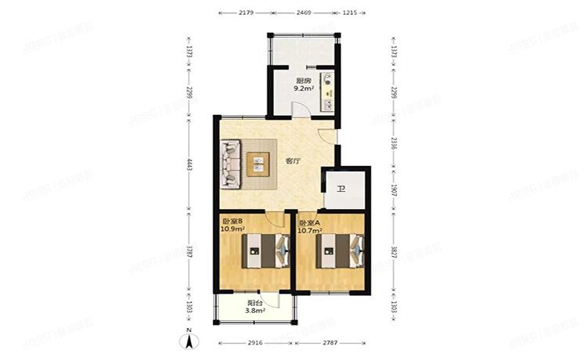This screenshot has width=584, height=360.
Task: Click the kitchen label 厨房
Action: pyautogui.click(x=303, y=81)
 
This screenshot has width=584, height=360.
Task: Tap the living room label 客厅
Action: pyautogui.click(x=293, y=161)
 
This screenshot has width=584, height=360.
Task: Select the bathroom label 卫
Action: pyautogui.click(x=341, y=189)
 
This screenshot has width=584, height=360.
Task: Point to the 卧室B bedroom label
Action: pyautogui.click(x=233, y=222)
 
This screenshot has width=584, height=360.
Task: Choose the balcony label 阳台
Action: pyautogui.click(x=254, y=303)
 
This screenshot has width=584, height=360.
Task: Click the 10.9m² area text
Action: pyautogui.click(x=233, y=231)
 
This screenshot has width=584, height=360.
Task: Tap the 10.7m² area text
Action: pyautogui.click(x=311, y=231)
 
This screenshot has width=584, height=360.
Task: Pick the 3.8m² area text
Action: pyautogui.click(x=255, y=311)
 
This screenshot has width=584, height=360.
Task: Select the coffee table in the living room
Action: pyautogui.click(x=258, y=164)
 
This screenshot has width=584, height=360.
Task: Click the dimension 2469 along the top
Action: pyautogui.click(x=304, y=13)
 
